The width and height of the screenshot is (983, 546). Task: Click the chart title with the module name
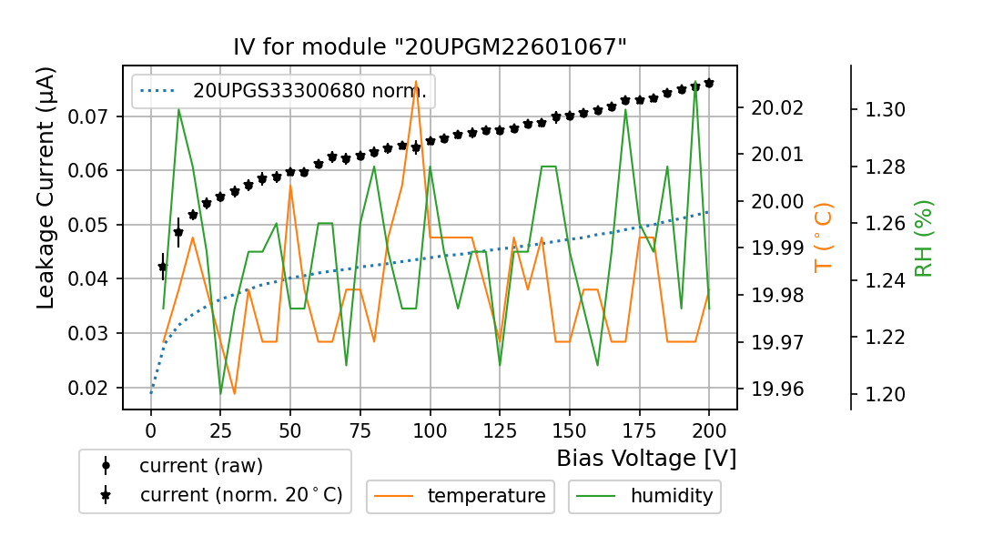(430, 47)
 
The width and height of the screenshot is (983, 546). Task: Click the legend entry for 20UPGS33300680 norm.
(309, 91)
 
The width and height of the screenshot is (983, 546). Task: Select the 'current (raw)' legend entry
(200, 466)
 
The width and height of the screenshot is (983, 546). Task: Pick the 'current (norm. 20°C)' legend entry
(240, 495)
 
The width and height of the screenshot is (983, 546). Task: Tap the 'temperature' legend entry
(486, 496)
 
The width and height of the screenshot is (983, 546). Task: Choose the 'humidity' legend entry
(671, 496)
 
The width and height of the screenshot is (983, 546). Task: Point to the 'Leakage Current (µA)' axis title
(46, 187)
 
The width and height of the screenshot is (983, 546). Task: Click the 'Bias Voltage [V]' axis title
(646, 458)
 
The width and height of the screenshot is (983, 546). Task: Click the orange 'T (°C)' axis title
(824, 237)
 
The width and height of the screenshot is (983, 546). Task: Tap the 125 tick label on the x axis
(498, 430)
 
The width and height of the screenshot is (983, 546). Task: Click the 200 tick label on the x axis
(708, 430)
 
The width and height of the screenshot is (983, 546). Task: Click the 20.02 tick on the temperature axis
(776, 107)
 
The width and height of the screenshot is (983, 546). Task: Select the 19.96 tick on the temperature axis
(776, 389)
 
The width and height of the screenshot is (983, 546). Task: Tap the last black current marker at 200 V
(709, 83)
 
